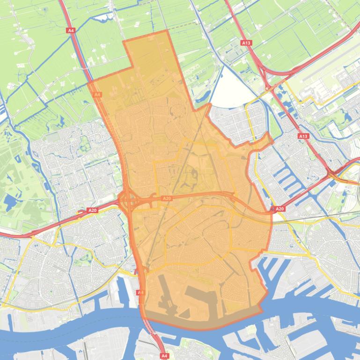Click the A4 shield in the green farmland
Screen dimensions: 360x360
(x=71, y=30)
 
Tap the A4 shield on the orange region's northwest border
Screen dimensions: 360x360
(x=97, y=94)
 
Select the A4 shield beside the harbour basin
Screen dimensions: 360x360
(x=140, y=292)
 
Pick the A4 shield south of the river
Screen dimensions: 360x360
(x=164, y=356)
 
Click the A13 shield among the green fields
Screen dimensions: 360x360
(x=246, y=43)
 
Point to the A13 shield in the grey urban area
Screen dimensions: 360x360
(x=303, y=136)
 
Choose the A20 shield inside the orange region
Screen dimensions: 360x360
(x=167, y=199)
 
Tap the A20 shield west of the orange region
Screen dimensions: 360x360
(x=93, y=211)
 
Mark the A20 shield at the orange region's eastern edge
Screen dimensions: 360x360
(x=279, y=209)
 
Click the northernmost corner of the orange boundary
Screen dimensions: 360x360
(x=167, y=31)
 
